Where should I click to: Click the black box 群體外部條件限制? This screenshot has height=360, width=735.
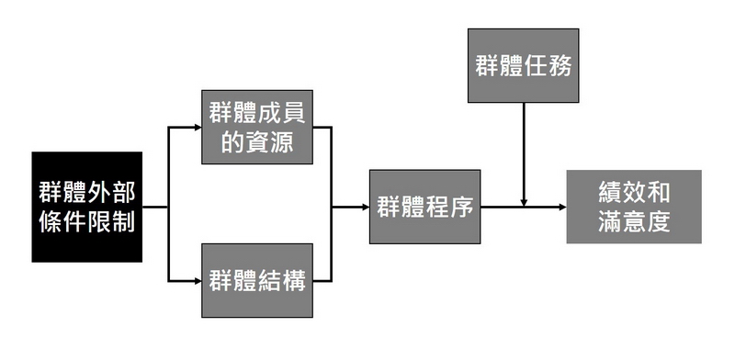tap(87, 207)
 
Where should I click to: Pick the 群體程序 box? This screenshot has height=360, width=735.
tap(425, 207)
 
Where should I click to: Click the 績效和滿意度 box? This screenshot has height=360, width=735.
tap(633, 207)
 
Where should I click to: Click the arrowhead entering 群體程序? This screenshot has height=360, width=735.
tap(365, 207)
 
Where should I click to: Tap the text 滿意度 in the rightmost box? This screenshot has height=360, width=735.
tap(633, 222)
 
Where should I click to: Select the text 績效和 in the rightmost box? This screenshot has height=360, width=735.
tap(633, 192)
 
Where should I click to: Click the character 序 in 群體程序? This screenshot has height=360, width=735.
tap(462, 207)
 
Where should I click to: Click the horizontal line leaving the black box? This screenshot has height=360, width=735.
tap(155, 207)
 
